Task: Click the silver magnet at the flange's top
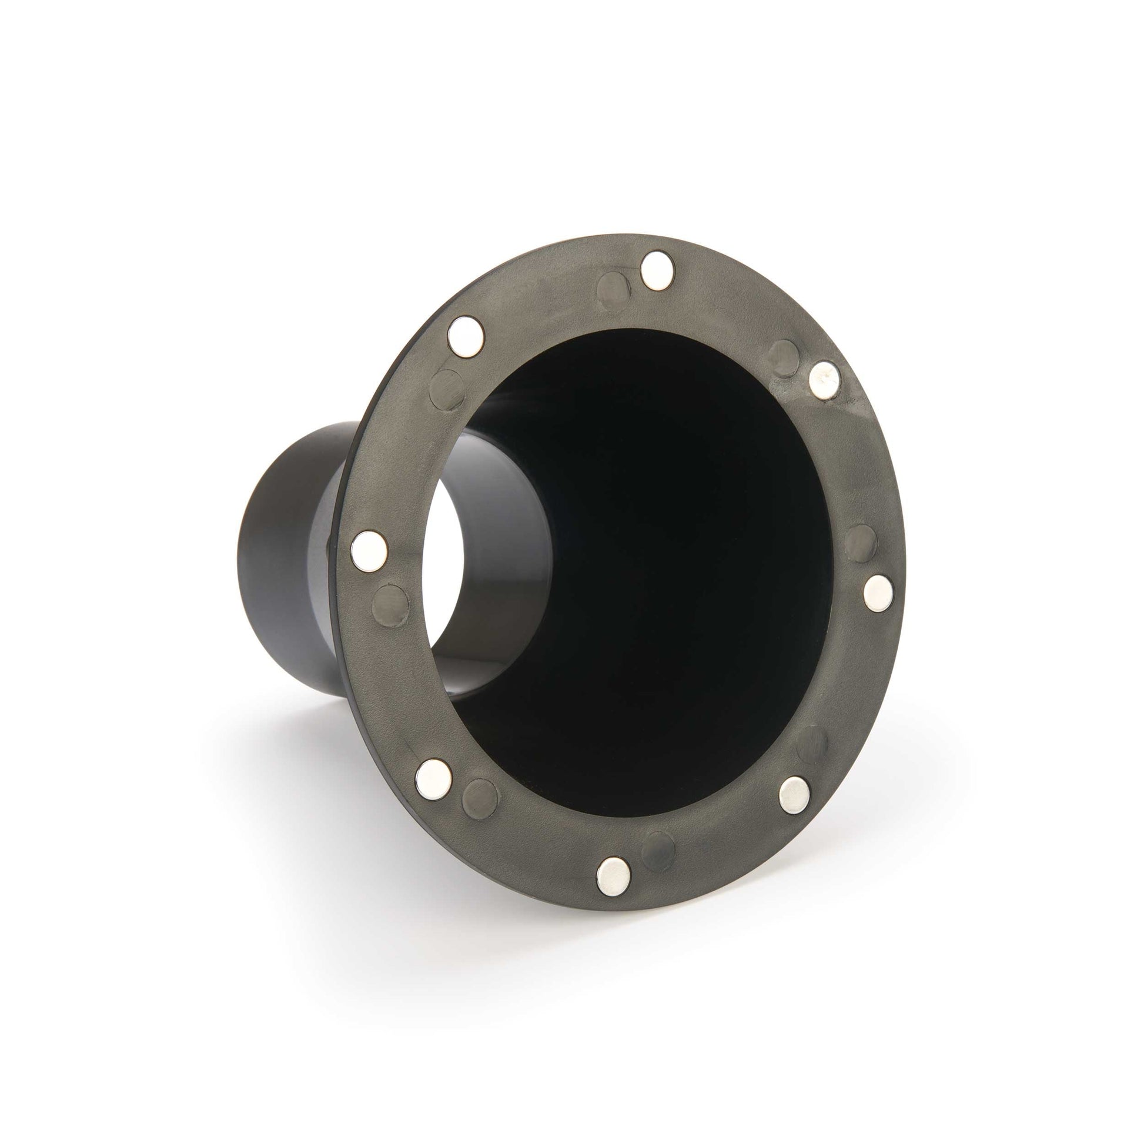[658, 270]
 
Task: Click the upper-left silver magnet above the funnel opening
[466, 336]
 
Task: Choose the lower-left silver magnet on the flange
[433, 778]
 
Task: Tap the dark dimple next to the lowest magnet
[658, 851]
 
